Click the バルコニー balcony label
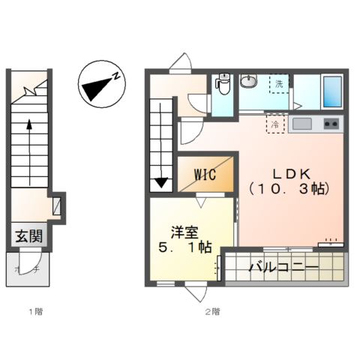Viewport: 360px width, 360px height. click(283, 266)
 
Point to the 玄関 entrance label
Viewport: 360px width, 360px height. click(28, 237)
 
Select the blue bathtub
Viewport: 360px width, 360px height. click(331, 91)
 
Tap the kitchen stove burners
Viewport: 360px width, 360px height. click(331, 123)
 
